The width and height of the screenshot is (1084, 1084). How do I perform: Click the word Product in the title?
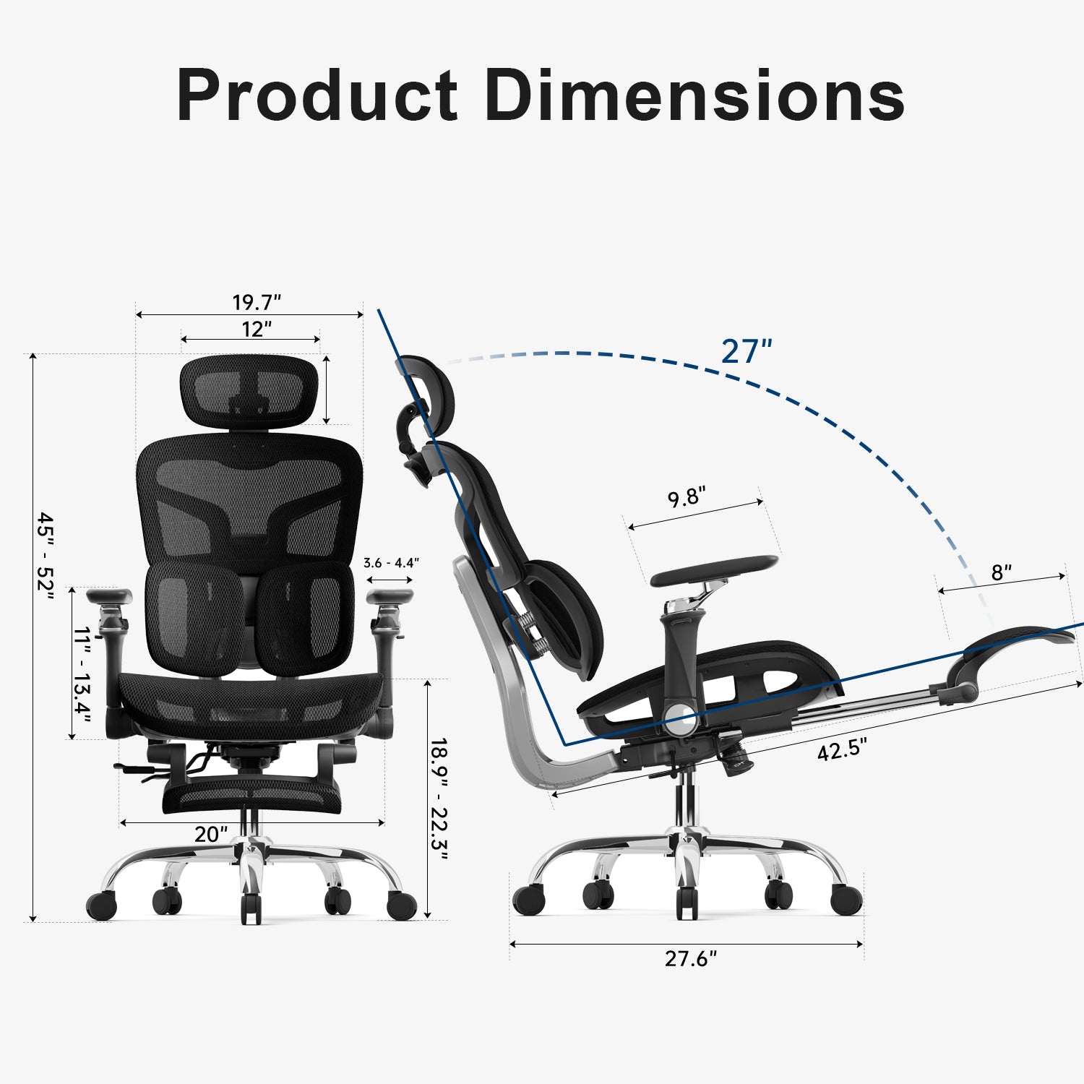coord(317,95)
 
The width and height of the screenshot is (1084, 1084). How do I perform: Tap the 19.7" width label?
coord(256,302)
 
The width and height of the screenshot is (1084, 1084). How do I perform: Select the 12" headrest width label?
coord(256,330)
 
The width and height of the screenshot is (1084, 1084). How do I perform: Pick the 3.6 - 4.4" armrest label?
coord(391,562)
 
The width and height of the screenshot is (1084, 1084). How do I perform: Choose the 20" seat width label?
coord(210,835)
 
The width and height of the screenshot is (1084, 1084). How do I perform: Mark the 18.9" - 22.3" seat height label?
coord(439,799)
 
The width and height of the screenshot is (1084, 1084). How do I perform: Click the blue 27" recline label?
coord(747,352)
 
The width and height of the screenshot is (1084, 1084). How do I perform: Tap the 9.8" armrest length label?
coord(686,498)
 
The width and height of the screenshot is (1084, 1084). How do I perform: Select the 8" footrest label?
coord(1001,573)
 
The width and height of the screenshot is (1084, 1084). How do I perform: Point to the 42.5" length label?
coord(842,749)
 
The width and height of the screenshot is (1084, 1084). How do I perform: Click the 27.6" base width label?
coord(691,959)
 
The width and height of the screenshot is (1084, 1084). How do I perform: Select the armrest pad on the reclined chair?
coord(714,570)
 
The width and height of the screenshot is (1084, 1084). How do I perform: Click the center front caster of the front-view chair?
coord(250,908)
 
